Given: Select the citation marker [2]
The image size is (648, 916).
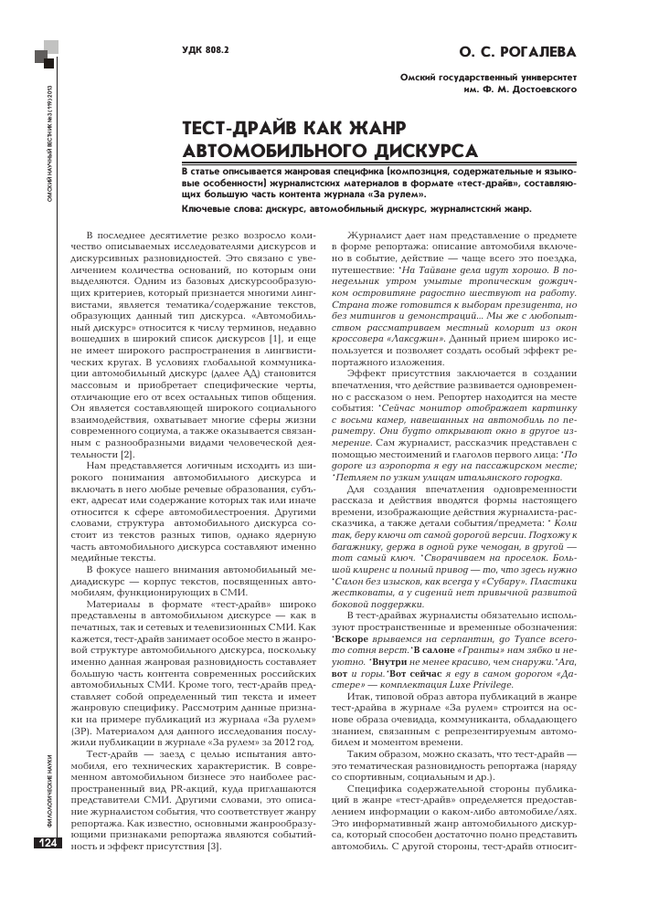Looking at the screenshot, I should pyautogui.click(x=129, y=428).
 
